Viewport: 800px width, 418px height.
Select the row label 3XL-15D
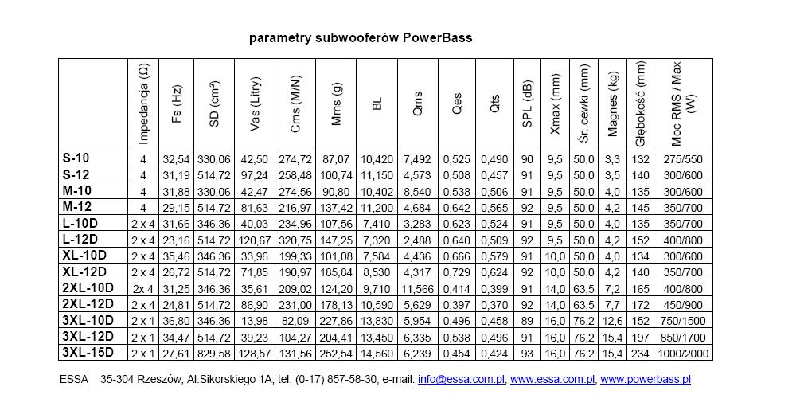tap(88, 353)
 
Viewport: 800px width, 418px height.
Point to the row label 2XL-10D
tap(88, 288)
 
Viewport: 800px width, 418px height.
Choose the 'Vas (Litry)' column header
tap(255, 104)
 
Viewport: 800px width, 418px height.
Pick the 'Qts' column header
tap(495, 104)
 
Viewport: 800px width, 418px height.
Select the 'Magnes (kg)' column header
tap(613, 104)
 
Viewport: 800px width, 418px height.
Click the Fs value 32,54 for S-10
tap(177, 160)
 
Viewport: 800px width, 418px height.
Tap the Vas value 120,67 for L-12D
tap(255, 240)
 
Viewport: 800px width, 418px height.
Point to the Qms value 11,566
tap(417, 288)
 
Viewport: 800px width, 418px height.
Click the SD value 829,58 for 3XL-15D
tap(215, 353)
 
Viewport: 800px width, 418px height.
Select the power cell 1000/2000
tap(682, 353)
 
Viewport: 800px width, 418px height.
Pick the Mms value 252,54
tap(334, 353)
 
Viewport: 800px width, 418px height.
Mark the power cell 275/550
tap(682, 160)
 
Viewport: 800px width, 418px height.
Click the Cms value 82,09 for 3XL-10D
tap(295, 321)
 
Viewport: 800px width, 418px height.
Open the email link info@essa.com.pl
tap(460, 380)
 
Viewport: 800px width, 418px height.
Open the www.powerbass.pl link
tap(645, 380)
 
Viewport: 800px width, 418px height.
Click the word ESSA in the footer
tap(75, 380)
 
